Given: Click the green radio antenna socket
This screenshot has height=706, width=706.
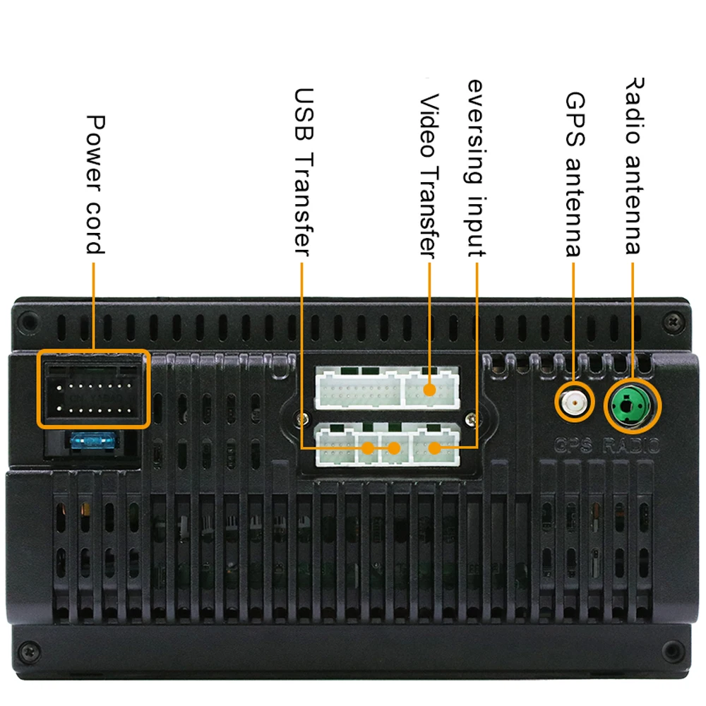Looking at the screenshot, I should (631, 406).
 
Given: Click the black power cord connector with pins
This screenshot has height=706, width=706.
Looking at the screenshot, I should (92, 389).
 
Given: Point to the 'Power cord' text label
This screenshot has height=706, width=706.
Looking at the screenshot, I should (95, 184).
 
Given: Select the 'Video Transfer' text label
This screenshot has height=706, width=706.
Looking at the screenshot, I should (429, 175).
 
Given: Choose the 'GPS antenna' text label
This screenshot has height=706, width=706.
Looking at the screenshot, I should (574, 174).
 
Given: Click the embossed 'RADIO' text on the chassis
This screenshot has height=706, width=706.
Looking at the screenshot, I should (632, 446).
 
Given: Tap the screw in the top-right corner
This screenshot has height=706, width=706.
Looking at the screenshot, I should (674, 322).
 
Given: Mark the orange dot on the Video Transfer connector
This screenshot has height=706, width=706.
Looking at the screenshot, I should (429, 389).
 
